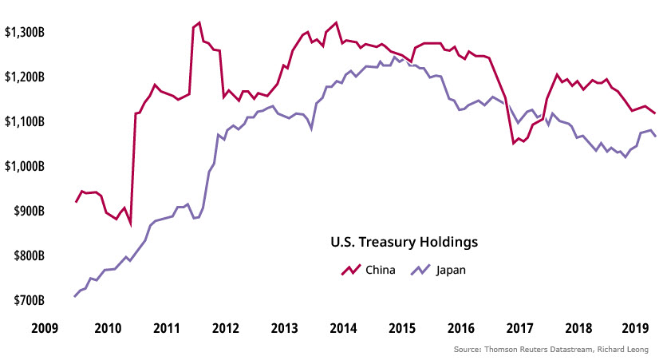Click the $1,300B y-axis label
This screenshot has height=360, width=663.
[x=26, y=32]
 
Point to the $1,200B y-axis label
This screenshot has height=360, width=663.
[x=26, y=77]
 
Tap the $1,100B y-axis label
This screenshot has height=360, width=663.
[x=26, y=121]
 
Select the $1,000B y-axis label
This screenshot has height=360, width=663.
[x=26, y=166]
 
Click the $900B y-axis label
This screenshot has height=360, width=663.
[x=30, y=211]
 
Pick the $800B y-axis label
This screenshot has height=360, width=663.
[x=30, y=255]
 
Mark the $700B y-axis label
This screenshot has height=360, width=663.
[x=30, y=300]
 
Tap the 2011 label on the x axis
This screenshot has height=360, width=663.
[x=166, y=328]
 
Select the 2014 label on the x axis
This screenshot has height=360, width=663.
[x=342, y=328]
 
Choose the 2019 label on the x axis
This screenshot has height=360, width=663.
[x=636, y=328]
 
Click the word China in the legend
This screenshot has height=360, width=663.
[x=380, y=270]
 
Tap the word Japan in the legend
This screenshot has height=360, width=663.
[x=450, y=270]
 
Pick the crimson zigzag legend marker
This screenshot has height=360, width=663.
[x=352, y=269]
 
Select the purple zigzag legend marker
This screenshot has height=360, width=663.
[x=420, y=269]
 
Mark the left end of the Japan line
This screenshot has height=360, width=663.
[x=74, y=296]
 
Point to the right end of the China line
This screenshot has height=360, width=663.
[x=655, y=113]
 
